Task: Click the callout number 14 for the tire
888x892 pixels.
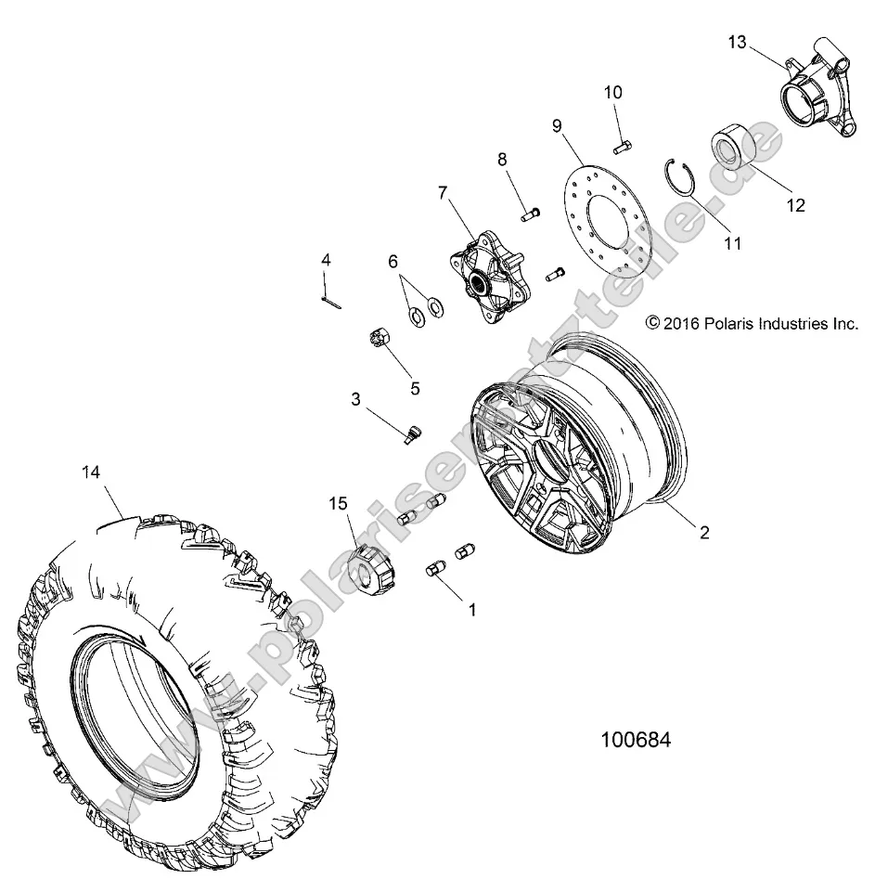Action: pos(90,472)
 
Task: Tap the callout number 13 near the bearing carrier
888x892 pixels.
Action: pos(736,42)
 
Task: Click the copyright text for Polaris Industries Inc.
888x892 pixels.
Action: pos(752,324)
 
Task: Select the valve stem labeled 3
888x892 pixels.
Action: pos(411,432)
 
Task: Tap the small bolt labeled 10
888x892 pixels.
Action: pos(622,145)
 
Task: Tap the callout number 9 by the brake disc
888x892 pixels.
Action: pos(556,123)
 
